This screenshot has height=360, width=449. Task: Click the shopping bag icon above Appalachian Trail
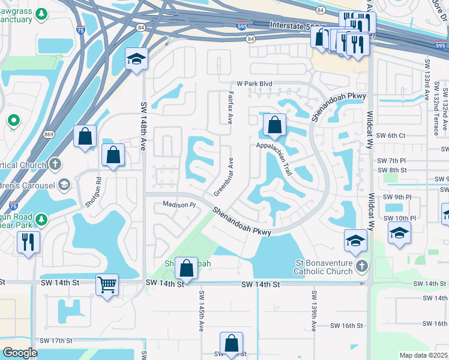pyautogui.click(x=274, y=125)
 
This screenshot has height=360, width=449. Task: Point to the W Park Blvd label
pyautogui.click(x=255, y=83)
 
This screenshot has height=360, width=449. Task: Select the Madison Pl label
pyautogui.click(x=179, y=205)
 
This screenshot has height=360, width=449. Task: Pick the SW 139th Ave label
pyautogui.click(x=313, y=311)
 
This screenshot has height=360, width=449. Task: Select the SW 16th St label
pyautogui.click(x=347, y=326)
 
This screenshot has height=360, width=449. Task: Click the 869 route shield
pyautogui.click(x=49, y=135)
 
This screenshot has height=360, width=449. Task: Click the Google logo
pyautogui.click(x=19, y=352)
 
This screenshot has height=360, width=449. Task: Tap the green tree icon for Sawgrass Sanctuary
pyautogui.click(x=41, y=14)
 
